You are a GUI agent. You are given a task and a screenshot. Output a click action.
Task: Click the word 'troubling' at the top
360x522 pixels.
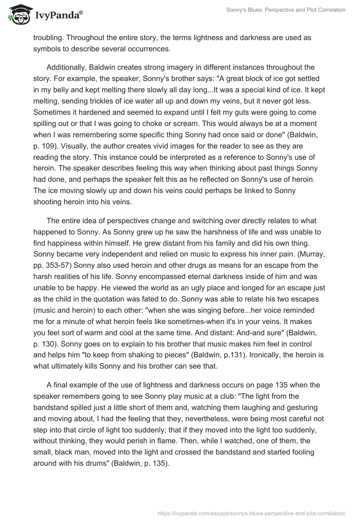[x=49, y=38]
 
